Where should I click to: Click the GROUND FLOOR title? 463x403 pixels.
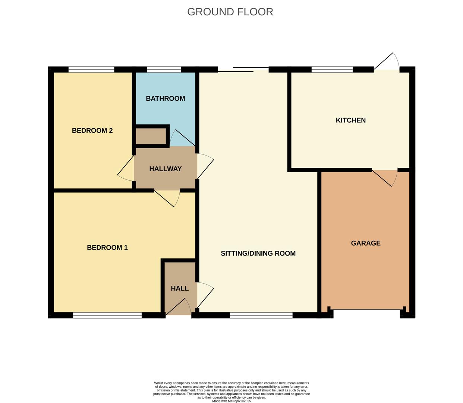pyautogui.click(x=230, y=12)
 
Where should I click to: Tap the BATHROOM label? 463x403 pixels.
pyautogui.click(x=165, y=99)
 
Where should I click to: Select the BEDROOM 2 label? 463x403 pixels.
pyautogui.click(x=92, y=131)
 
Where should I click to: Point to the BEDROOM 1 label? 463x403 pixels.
pyautogui.click(x=107, y=248)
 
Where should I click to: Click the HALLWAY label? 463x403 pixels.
pyautogui.click(x=165, y=169)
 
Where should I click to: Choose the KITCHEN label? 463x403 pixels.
pyautogui.click(x=350, y=120)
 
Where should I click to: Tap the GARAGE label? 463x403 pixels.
pyautogui.click(x=365, y=243)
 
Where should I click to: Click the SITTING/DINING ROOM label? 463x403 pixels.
pyautogui.click(x=258, y=253)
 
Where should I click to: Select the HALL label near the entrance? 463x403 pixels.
pyautogui.click(x=180, y=288)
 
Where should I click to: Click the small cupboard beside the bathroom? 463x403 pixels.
pyautogui.click(x=151, y=136)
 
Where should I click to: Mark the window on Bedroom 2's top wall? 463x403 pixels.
pyautogui.click(x=91, y=69)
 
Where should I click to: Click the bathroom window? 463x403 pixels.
pyautogui.click(x=164, y=69)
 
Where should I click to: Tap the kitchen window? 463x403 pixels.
pyautogui.click(x=332, y=69)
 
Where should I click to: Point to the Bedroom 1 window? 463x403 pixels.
pyautogui.click(x=107, y=316)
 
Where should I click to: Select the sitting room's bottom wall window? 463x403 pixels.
pyautogui.click(x=261, y=316)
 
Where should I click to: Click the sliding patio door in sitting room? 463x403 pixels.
pyautogui.click(x=243, y=69)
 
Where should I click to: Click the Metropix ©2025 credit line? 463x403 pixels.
pyautogui.click(x=231, y=401)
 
